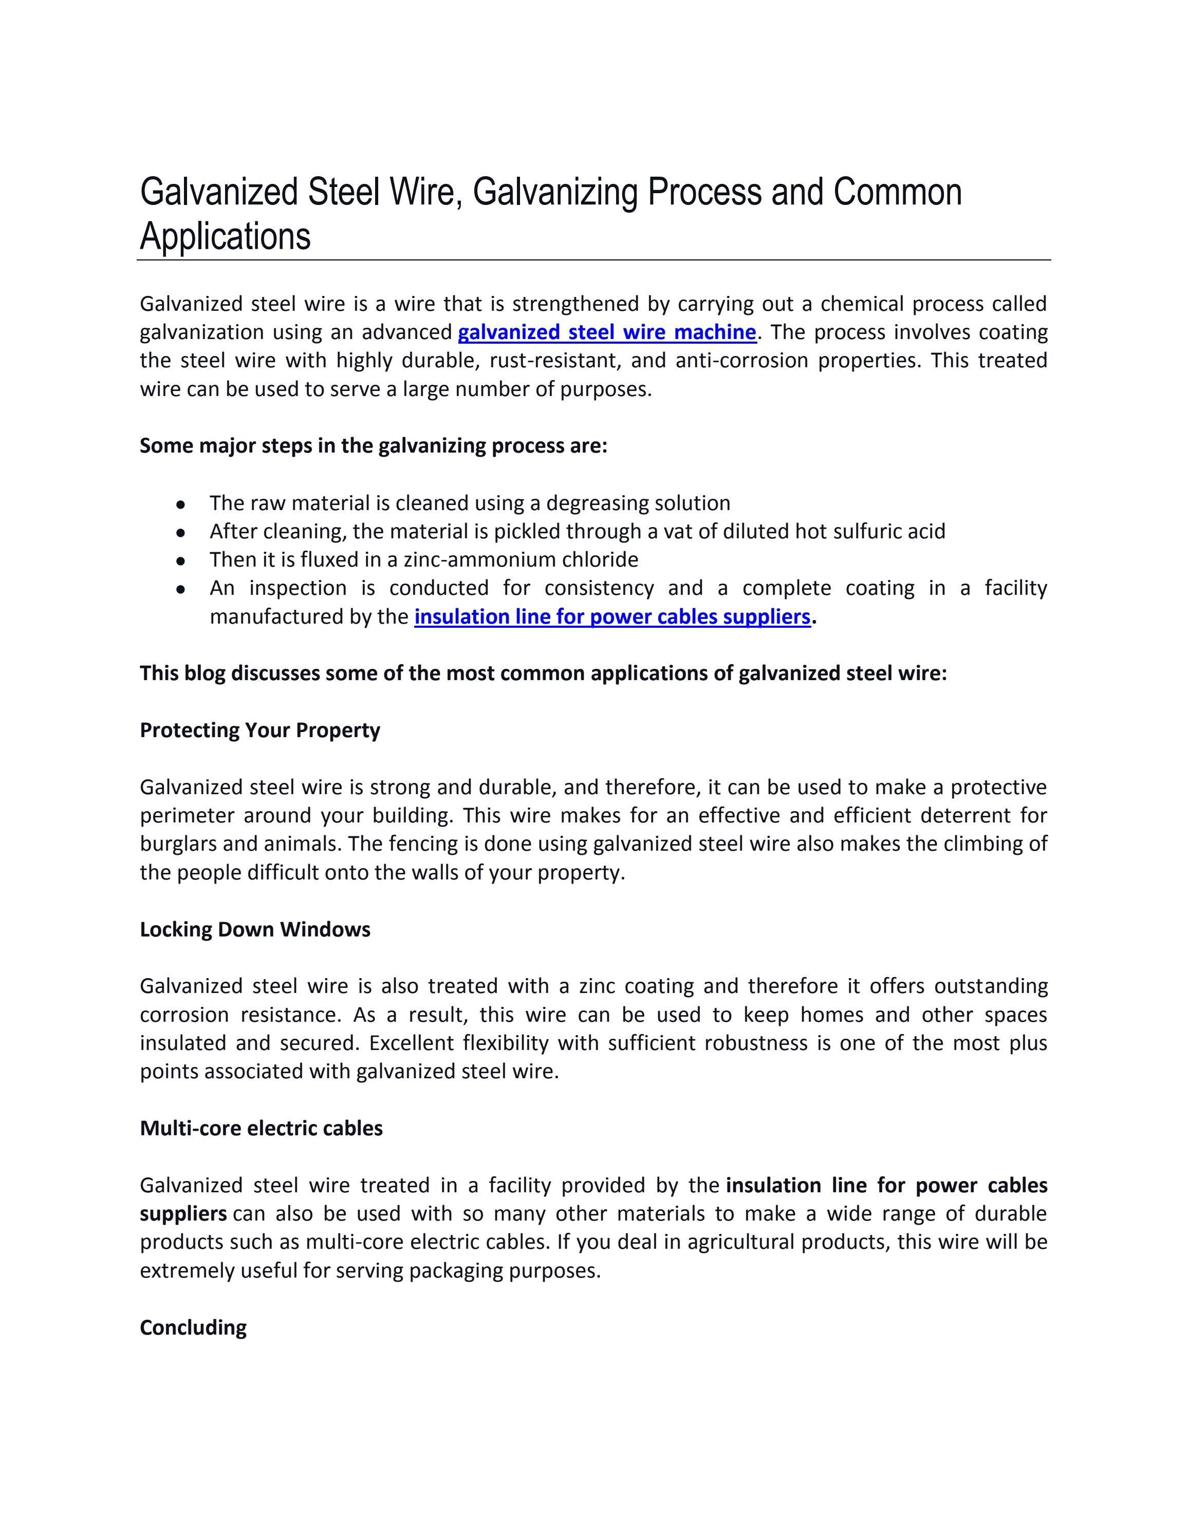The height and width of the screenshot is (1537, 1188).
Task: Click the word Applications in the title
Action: [x=225, y=236]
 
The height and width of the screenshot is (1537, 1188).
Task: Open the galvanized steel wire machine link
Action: [x=607, y=332]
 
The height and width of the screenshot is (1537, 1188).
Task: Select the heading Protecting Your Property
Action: [x=259, y=730]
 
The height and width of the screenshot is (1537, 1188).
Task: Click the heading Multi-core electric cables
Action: [x=261, y=1128]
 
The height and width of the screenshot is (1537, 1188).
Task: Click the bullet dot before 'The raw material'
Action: [x=181, y=504]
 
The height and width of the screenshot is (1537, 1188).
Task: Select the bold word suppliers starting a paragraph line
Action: [x=183, y=1213]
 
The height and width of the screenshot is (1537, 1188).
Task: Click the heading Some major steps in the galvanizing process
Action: [x=373, y=445]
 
